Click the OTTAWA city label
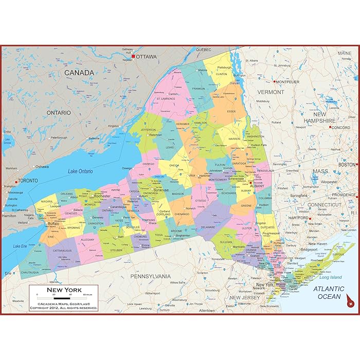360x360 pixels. pyautogui.click(x=147, y=57)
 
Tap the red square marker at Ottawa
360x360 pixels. pyautogui.click(x=133, y=57)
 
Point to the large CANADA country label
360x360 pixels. pyautogui.click(x=79, y=73)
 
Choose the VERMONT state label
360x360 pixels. pyautogui.click(x=270, y=92)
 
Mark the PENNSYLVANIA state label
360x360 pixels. pyautogui.click(x=150, y=276)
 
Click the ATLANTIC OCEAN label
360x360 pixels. pyautogui.click(x=330, y=293)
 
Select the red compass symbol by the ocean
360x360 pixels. pyautogui.click(x=350, y=301)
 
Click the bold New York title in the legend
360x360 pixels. pyautogui.click(x=64, y=290)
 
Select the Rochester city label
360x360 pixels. pyautogui.click(x=103, y=196)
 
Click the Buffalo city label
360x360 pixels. pyautogui.click(x=53, y=224)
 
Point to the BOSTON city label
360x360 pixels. pyautogui.click(x=347, y=165)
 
